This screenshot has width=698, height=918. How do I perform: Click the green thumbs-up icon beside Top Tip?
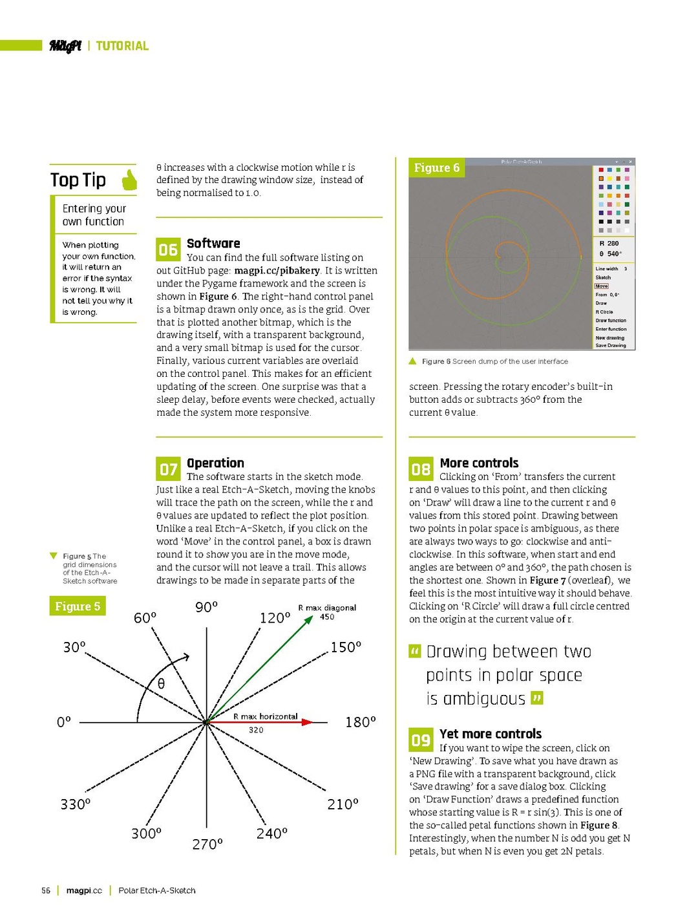pyautogui.click(x=130, y=180)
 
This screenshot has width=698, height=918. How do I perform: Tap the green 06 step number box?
pyautogui.click(x=167, y=250)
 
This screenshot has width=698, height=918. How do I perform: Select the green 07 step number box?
pyautogui.click(x=168, y=469)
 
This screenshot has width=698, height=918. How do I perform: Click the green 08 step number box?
pyautogui.click(x=421, y=469)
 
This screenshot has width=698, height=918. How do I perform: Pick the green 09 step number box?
pyautogui.click(x=421, y=740)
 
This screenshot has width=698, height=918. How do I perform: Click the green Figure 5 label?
pyautogui.click(x=78, y=606)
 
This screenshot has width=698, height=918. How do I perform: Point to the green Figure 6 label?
pyautogui.click(x=437, y=168)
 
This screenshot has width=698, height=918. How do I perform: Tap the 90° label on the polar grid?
pyautogui.click(x=206, y=607)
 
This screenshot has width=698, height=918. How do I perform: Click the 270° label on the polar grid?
pyautogui.click(x=207, y=844)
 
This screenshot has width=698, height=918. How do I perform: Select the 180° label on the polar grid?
pyautogui.click(x=360, y=722)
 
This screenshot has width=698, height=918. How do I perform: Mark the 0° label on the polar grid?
pyautogui.click(x=63, y=722)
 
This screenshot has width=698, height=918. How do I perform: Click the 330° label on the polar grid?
pyautogui.click(x=75, y=804)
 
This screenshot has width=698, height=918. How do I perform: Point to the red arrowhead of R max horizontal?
pyautogui.click(x=308, y=722)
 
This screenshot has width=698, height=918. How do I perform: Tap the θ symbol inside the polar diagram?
pyautogui.click(x=161, y=684)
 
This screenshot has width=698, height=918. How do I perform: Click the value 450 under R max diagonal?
pyautogui.click(x=327, y=617)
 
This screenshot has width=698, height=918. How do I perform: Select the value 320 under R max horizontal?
pyautogui.click(x=256, y=730)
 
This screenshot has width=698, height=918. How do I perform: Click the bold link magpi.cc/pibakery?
pyautogui.click(x=277, y=271)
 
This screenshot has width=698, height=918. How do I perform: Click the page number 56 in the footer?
pyautogui.click(x=46, y=890)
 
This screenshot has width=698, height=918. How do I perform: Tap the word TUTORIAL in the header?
pyautogui.click(x=122, y=46)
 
